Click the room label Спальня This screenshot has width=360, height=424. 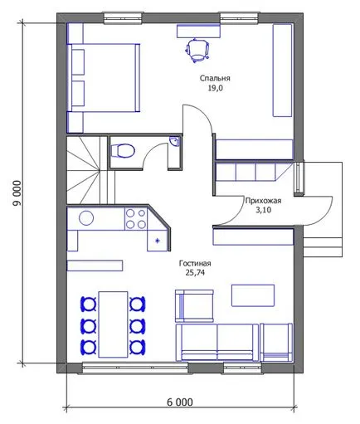tap(215, 78)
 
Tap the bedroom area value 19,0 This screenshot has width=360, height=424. tap(215, 88)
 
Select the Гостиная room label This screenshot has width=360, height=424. tap(195, 263)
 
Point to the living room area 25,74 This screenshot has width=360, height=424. tap(195, 273)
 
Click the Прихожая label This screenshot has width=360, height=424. tap(263, 201)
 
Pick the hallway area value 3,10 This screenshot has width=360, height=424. tap(263, 210)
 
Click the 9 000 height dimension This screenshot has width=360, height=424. tap(17, 193)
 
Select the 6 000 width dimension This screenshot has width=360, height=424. tap(180, 402)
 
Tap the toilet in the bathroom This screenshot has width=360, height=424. tap(123, 151)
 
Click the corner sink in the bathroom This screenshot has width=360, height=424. tap(175, 141)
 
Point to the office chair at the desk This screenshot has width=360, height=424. tap(197, 50)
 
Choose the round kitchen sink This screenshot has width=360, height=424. tap(86, 218)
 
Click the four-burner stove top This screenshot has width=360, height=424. tap(136, 219)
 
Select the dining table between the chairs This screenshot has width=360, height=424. tap(114, 324)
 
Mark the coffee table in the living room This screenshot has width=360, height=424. tap(253, 295)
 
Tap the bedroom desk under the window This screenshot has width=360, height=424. tap(198, 31)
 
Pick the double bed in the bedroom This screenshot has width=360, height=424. tap(104, 78)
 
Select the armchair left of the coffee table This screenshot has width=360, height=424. tap(194, 306)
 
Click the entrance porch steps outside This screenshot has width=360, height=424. tap(323, 247)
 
